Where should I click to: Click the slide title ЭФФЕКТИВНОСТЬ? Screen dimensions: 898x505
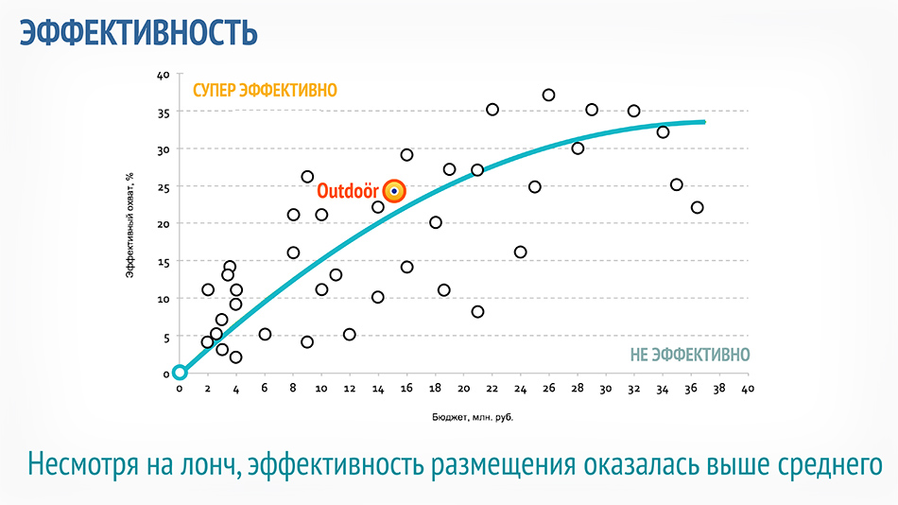pyautogui.click(x=139, y=32)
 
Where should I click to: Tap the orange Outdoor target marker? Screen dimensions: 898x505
pyautogui.click(x=394, y=191)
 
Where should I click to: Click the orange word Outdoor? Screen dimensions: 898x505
pyautogui.click(x=348, y=191)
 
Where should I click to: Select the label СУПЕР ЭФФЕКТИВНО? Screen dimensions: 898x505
pyautogui.click(x=265, y=91)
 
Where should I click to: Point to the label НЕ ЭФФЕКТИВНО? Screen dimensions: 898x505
pyautogui.click(x=689, y=356)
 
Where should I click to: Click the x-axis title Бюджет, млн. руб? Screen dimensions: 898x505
pyautogui.click(x=473, y=417)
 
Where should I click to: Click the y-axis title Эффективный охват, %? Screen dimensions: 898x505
pyautogui.click(x=130, y=225)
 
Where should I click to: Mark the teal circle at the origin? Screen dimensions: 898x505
pyautogui.click(x=180, y=373)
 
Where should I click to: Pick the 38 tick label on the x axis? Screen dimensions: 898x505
pyautogui.click(x=719, y=389)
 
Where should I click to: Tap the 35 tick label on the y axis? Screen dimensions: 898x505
pyautogui.click(x=164, y=113)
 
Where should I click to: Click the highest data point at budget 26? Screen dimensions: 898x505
pyautogui.click(x=548, y=96)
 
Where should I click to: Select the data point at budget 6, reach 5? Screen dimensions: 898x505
pyautogui.click(x=265, y=334)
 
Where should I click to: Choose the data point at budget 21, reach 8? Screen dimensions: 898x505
pyautogui.click(x=477, y=312)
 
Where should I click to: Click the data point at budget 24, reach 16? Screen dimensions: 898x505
pyautogui.click(x=520, y=252)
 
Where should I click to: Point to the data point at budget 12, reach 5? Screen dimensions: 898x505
pyautogui.click(x=350, y=334)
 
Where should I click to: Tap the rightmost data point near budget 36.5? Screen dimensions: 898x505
pyautogui.click(x=697, y=207)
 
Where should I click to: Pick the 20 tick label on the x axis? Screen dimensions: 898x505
pyautogui.click(x=463, y=389)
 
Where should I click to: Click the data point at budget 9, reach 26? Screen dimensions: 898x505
pyautogui.click(x=307, y=177)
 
